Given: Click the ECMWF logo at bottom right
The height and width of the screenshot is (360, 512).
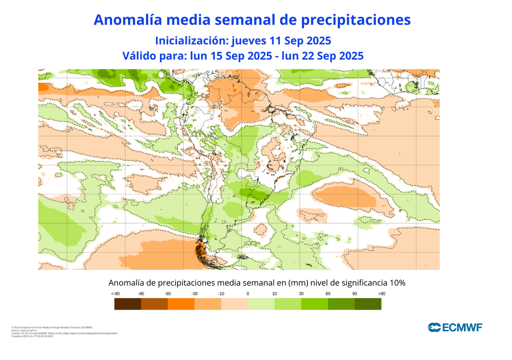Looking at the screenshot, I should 455,327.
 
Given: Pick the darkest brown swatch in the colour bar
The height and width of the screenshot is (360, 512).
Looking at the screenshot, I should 127,303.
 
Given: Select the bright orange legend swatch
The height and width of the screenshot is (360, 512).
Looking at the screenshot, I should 180,303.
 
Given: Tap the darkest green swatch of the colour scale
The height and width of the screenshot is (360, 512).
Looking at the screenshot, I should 368,303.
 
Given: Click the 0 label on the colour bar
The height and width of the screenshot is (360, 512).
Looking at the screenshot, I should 248,293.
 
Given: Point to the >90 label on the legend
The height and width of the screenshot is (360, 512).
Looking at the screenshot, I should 381,293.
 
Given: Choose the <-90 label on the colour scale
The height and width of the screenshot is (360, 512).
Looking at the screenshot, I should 115,293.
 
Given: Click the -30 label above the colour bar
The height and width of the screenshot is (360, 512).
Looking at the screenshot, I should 194,293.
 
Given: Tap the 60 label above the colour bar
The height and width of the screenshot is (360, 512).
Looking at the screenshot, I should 328,293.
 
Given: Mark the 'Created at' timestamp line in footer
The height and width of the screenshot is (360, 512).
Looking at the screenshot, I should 32,336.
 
